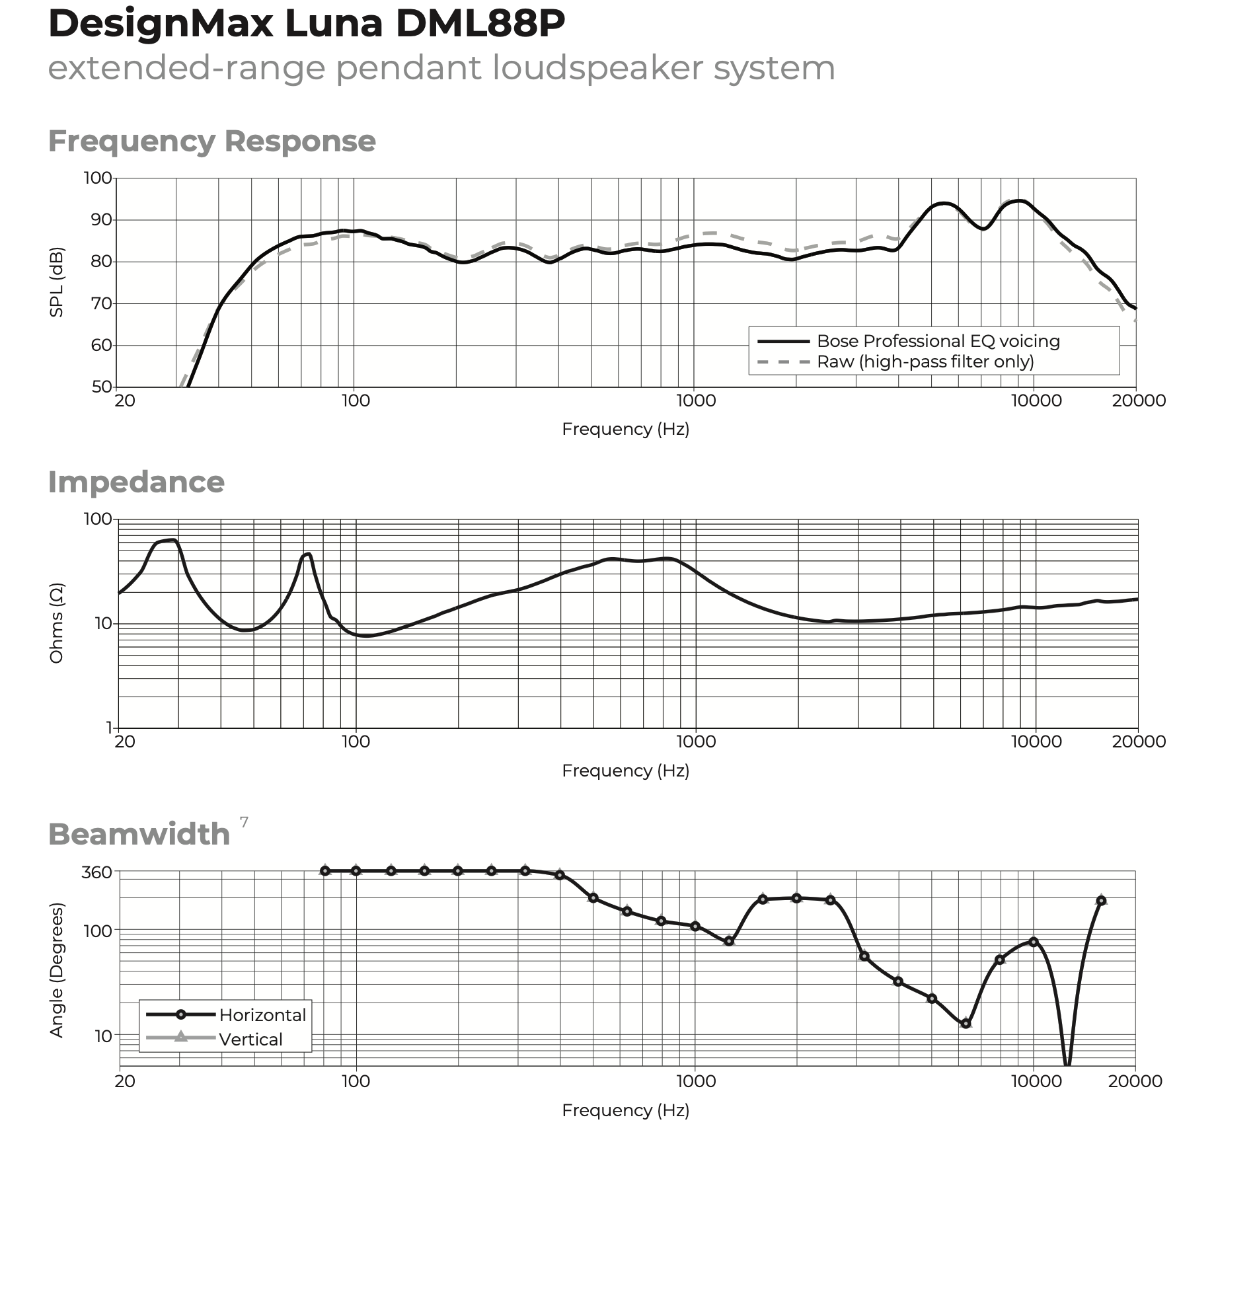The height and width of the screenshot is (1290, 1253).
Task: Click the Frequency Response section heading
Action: pyautogui.click(x=211, y=141)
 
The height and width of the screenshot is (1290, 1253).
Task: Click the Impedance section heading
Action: pyautogui.click(x=136, y=482)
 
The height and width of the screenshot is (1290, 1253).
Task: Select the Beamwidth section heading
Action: pyautogui.click(x=139, y=835)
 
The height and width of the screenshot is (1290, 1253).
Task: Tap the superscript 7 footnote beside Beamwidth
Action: pyautogui.click(x=244, y=822)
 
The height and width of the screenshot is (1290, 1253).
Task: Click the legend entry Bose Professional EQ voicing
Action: pyautogui.click(x=938, y=341)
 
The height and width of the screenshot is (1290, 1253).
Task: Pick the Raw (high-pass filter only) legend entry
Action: pyautogui.click(x=925, y=362)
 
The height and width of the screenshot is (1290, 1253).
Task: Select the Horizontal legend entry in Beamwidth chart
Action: pyautogui.click(x=262, y=1015)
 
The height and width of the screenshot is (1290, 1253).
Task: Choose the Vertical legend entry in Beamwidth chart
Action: pyautogui.click(x=250, y=1040)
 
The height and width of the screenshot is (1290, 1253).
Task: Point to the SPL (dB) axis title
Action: pyautogui.click(x=57, y=282)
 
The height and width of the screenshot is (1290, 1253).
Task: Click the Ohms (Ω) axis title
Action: pyautogui.click(x=57, y=623)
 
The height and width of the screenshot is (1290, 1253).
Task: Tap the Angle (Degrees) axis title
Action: pyautogui.click(x=57, y=970)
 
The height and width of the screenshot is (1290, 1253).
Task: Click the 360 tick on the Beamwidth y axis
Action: pyautogui.click(x=96, y=872)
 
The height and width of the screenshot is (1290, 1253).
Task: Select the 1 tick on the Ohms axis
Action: pyautogui.click(x=109, y=728)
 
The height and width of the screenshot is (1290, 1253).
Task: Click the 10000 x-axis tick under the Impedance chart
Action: pyautogui.click(x=1036, y=741)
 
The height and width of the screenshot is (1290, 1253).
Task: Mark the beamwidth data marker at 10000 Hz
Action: pyautogui.click(x=1034, y=942)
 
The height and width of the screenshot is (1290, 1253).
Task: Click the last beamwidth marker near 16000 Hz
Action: pyautogui.click(x=1101, y=901)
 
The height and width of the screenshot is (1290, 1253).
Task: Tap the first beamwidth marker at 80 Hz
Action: pyautogui.click(x=324, y=871)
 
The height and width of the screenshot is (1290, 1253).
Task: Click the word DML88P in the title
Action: pyautogui.click(x=480, y=24)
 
